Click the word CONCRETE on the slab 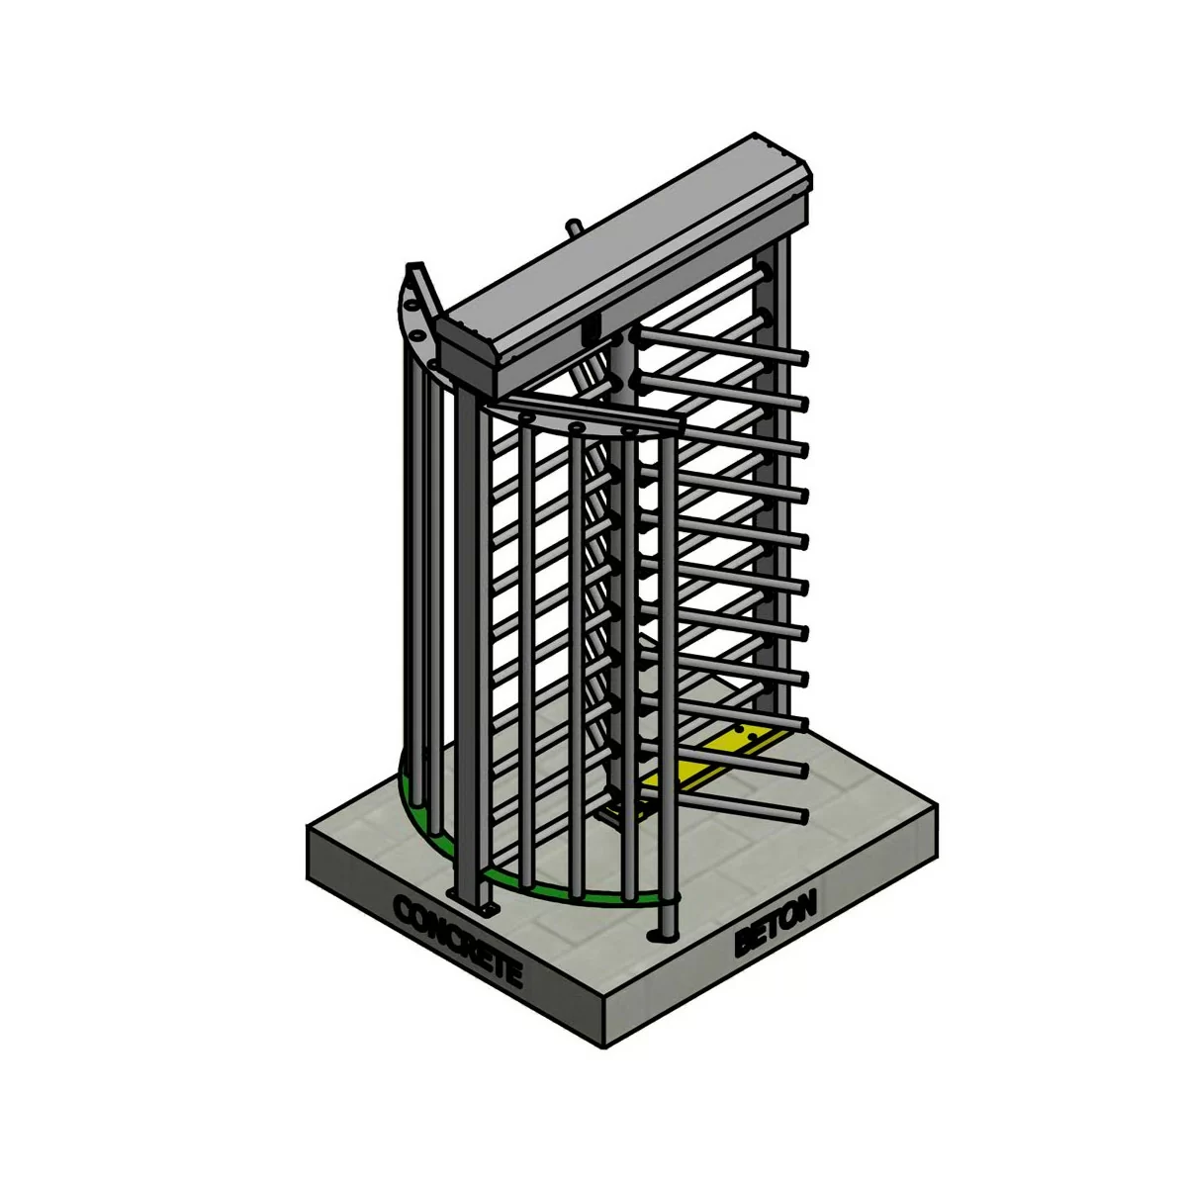tap(456, 939)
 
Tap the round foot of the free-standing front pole tap(660, 936)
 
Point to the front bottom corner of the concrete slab tap(605, 1044)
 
